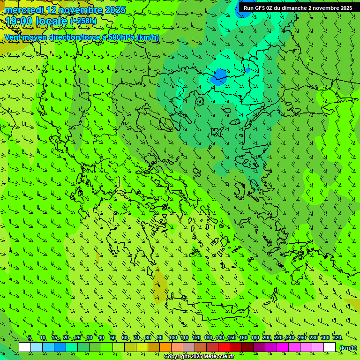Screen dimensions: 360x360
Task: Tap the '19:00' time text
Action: click(x=18, y=21)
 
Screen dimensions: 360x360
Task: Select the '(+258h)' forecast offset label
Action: click(x=83, y=21)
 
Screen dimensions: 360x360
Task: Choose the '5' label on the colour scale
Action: click(x=30, y=338)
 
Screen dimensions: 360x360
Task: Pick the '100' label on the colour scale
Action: click(x=173, y=338)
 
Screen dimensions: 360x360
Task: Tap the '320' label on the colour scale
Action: click(x=337, y=338)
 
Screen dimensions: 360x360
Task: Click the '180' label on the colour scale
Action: click(x=255, y=338)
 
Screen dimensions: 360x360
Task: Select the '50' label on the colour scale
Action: click(x=113, y=338)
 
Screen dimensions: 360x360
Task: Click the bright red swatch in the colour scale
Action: click(x=224, y=347)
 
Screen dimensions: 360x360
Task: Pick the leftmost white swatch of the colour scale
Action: click(x=25, y=347)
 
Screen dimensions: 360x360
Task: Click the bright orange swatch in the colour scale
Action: click(x=165, y=347)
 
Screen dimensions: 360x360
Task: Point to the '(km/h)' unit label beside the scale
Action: click(x=348, y=348)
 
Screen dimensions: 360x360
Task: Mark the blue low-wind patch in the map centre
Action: click(x=219, y=75)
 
